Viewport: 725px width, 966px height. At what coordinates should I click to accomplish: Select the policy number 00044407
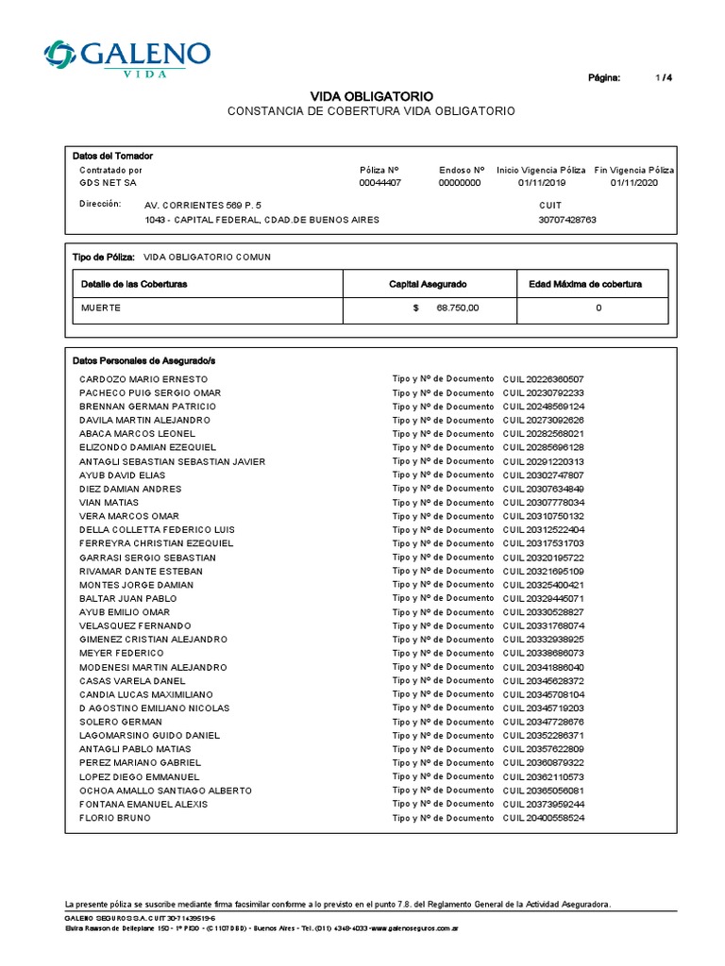tap(380, 183)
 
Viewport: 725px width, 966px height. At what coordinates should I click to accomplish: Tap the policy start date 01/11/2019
tap(541, 183)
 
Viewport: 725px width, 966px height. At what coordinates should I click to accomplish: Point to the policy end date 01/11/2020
tap(633, 183)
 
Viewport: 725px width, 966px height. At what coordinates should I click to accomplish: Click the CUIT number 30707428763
tap(567, 220)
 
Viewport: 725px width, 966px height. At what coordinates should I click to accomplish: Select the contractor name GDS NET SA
tap(108, 183)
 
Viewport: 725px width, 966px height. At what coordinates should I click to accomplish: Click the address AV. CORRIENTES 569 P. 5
tap(203, 205)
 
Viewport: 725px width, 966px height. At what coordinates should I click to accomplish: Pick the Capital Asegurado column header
tap(428, 284)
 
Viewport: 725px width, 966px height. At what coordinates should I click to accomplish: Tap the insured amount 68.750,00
tap(458, 308)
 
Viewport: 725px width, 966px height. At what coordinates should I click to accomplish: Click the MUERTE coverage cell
tap(101, 308)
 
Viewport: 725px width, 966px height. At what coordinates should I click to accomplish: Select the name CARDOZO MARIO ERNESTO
tap(143, 379)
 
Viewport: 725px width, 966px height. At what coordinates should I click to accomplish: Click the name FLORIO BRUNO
tap(115, 818)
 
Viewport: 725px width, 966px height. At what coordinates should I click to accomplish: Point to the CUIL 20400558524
tap(544, 818)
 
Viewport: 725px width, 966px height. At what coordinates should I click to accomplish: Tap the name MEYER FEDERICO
tap(122, 653)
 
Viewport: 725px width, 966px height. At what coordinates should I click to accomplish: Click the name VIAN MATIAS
tap(110, 503)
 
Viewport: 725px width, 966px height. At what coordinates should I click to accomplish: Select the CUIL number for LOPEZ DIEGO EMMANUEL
tap(544, 776)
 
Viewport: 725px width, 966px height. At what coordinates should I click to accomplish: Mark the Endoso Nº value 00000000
tap(460, 183)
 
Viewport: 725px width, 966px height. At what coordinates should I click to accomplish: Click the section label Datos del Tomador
tap(112, 156)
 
